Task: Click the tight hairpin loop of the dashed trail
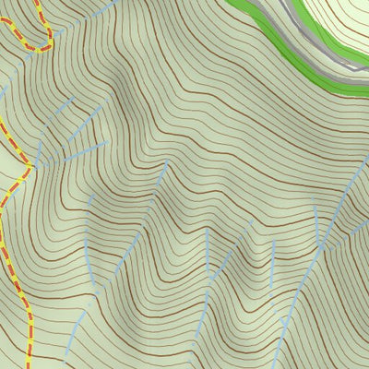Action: pos(41,43)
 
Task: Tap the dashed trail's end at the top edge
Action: pos(38,2)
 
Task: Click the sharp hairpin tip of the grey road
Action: pos(355,65)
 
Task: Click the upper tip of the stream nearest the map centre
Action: pos(167,164)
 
